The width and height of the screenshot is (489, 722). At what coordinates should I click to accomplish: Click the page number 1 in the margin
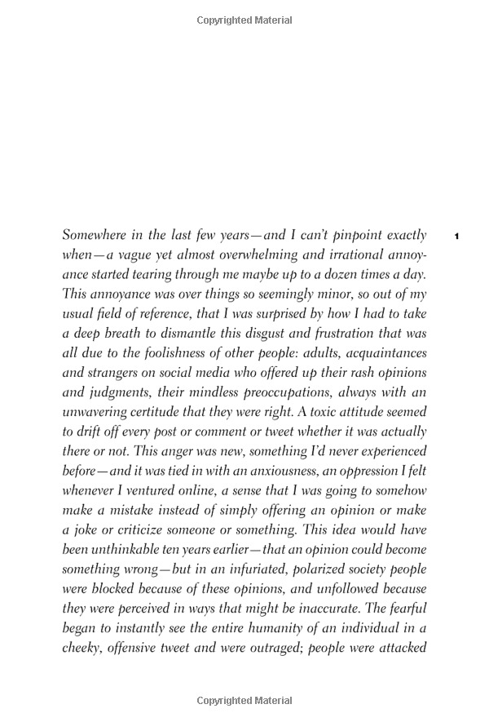click(457, 237)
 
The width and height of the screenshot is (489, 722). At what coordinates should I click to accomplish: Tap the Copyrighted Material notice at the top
click(244, 20)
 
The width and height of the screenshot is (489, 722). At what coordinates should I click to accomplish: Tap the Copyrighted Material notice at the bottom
click(244, 701)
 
